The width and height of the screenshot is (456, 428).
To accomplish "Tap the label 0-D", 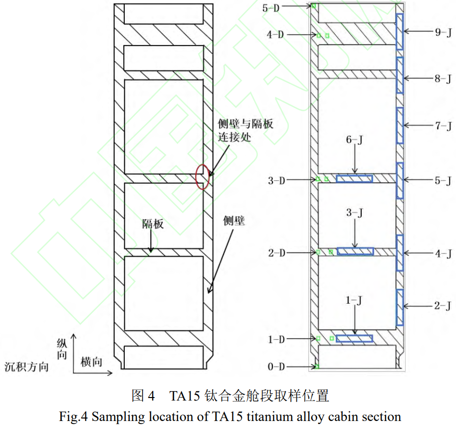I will (x=276, y=367).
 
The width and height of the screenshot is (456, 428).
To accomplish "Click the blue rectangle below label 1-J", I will (x=354, y=339).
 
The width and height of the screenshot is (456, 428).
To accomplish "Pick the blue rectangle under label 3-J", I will (x=355, y=251).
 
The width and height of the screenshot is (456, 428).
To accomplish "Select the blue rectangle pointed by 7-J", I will (x=400, y=125).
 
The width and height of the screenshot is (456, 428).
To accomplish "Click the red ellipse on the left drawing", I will (x=202, y=176).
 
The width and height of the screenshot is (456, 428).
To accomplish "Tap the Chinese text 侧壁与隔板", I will (x=245, y=123).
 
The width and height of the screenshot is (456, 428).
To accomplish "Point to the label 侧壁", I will (x=234, y=220).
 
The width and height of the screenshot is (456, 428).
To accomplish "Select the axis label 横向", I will (x=91, y=362).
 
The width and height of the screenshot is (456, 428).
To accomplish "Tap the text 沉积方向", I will (x=26, y=367).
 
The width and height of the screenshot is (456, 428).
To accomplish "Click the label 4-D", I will (x=276, y=35).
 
